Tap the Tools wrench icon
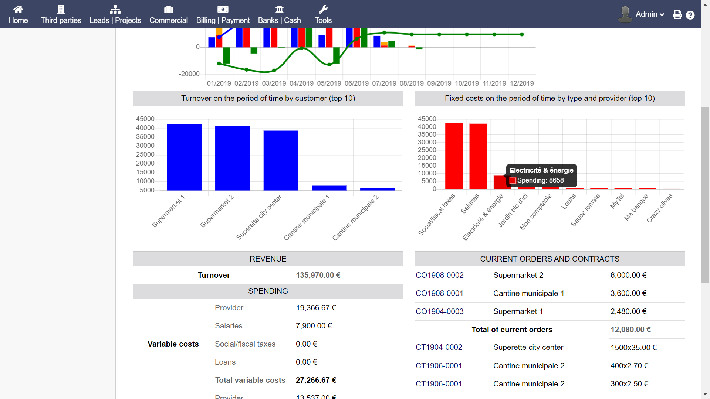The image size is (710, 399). pos(323,9)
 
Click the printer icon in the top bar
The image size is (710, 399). pos(677,15)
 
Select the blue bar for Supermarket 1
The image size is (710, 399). pos(184,157)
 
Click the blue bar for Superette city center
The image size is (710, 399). pos(281,160)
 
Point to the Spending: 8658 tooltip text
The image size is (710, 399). pos(540,180)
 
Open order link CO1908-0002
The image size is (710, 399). pos(439,275)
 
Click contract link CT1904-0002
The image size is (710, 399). pos(439,347)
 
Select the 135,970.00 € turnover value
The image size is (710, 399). pos(318,275)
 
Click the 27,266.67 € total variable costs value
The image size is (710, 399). pos(316,380)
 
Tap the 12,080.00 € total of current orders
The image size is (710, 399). pos(630,330)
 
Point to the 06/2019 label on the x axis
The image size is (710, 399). pos(356,83)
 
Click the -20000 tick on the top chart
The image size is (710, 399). pos(189,74)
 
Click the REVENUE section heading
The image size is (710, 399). pos(268,259)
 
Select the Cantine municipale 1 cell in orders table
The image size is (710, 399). pos(528,293)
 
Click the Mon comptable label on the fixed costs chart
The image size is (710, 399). pos(535,212)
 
